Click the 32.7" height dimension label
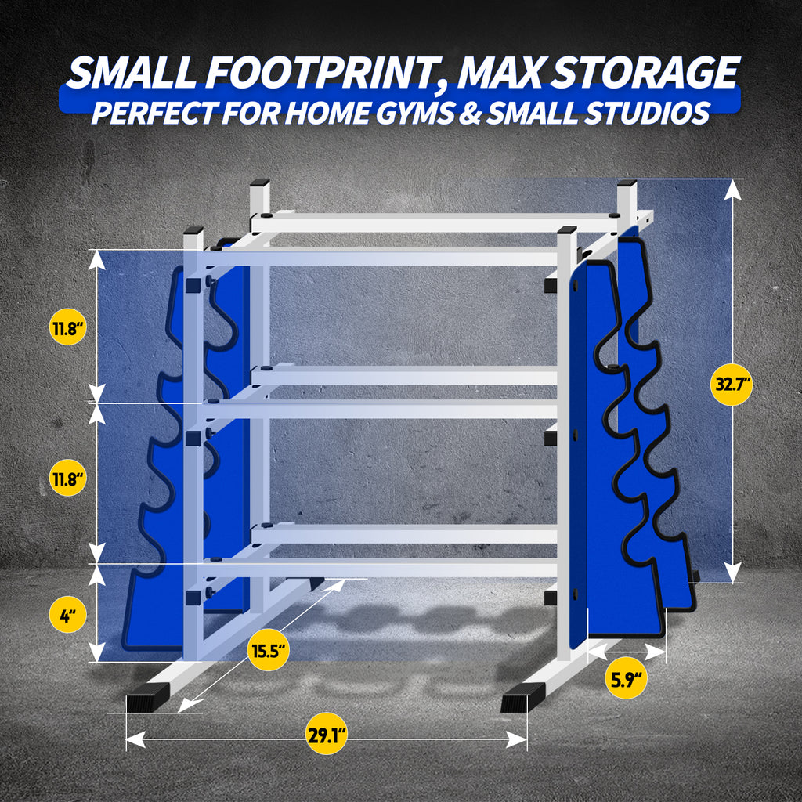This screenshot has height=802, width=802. (x=731, y=384)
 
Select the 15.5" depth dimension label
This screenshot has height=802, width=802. (x=268, y=651)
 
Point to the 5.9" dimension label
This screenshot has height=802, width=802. (x=626, y=679)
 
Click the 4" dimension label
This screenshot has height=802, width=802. (x=67, y=616)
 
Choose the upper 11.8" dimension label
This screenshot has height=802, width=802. (x=67, y=327)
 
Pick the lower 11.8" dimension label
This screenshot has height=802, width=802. (x=67, y=479)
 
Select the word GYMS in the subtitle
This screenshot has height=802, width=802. (x=414, y=114)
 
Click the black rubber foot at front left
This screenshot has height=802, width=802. (x=147, y=698)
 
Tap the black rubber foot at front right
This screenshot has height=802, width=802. (x=522, y=698)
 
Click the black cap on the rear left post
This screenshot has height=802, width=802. (x=260, y=182)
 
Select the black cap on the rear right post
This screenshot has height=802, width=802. (x=627, y=182)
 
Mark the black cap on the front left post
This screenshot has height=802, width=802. (x=193, y=230)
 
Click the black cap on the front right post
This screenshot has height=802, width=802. (x=567, y=230)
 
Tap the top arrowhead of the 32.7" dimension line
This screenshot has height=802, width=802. (x=732, y=190)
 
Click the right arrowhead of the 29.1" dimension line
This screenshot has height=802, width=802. (x=517, y=739)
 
